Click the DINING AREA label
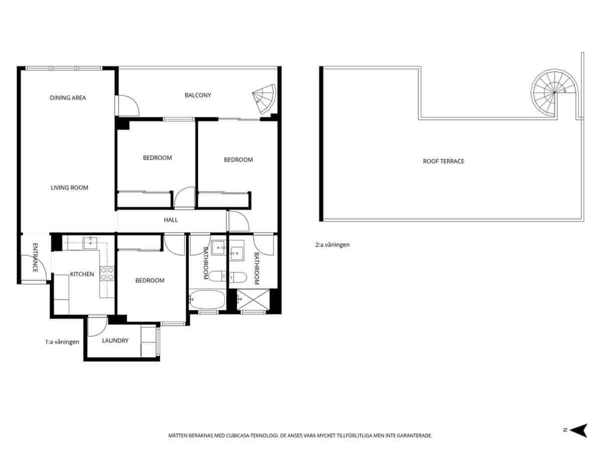click(x=68, y=98)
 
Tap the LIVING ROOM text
click(x=69, y=187)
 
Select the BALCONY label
click(x=198, y=95)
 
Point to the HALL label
click(x=171, y=219)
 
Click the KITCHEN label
click(x=82, y=274)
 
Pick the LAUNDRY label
click(x=115, y=340)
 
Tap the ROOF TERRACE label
click(x=444, y=161)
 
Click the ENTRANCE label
click(x=36, y=258)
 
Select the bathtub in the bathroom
click(x=207, y=300)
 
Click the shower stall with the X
click(x=253, y=300)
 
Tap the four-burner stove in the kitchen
click(x=107, y=274)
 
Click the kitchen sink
click(x=90, y=243)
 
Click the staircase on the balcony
click(x=264, y=99)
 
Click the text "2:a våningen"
click(x=333, y=245)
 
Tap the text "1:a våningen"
click(x=62, y=342)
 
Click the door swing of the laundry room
click(x=98, y=326)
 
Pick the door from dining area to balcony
click(x=127, y=105)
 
